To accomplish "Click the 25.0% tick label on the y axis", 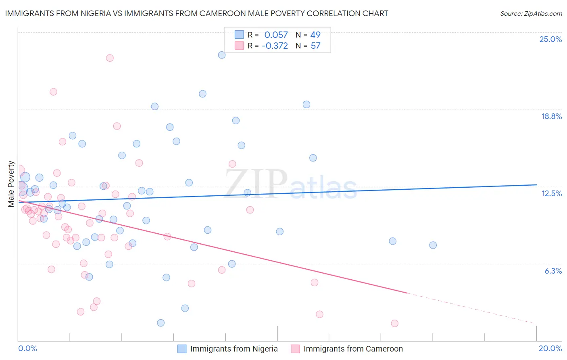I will [x=550, y=39].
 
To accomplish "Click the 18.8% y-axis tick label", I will [x=551, y=116].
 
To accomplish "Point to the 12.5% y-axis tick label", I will [x=551, y=193].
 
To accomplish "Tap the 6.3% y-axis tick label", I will [x=553, y=271].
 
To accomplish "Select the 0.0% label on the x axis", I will [x=27, y=348].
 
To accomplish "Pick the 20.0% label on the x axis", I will [x=550, y=348].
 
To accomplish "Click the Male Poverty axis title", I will [x=11, y=184].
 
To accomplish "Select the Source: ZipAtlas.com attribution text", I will [x=531, y=13].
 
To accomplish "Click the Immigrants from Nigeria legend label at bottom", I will [x=234, y=349].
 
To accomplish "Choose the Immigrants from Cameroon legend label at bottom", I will [x=353, y=349].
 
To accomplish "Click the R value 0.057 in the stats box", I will [x=276, y=35].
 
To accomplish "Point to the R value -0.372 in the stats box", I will [x=275, y=46].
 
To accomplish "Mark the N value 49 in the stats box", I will [x=315, y=35].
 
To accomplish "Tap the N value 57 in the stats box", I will [x=315, y=46].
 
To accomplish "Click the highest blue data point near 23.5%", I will [x=222, y=55].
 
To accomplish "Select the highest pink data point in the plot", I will [x=110, y=58].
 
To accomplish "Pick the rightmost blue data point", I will [x=433, y=245].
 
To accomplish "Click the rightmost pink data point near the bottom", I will [x=394, y=323].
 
